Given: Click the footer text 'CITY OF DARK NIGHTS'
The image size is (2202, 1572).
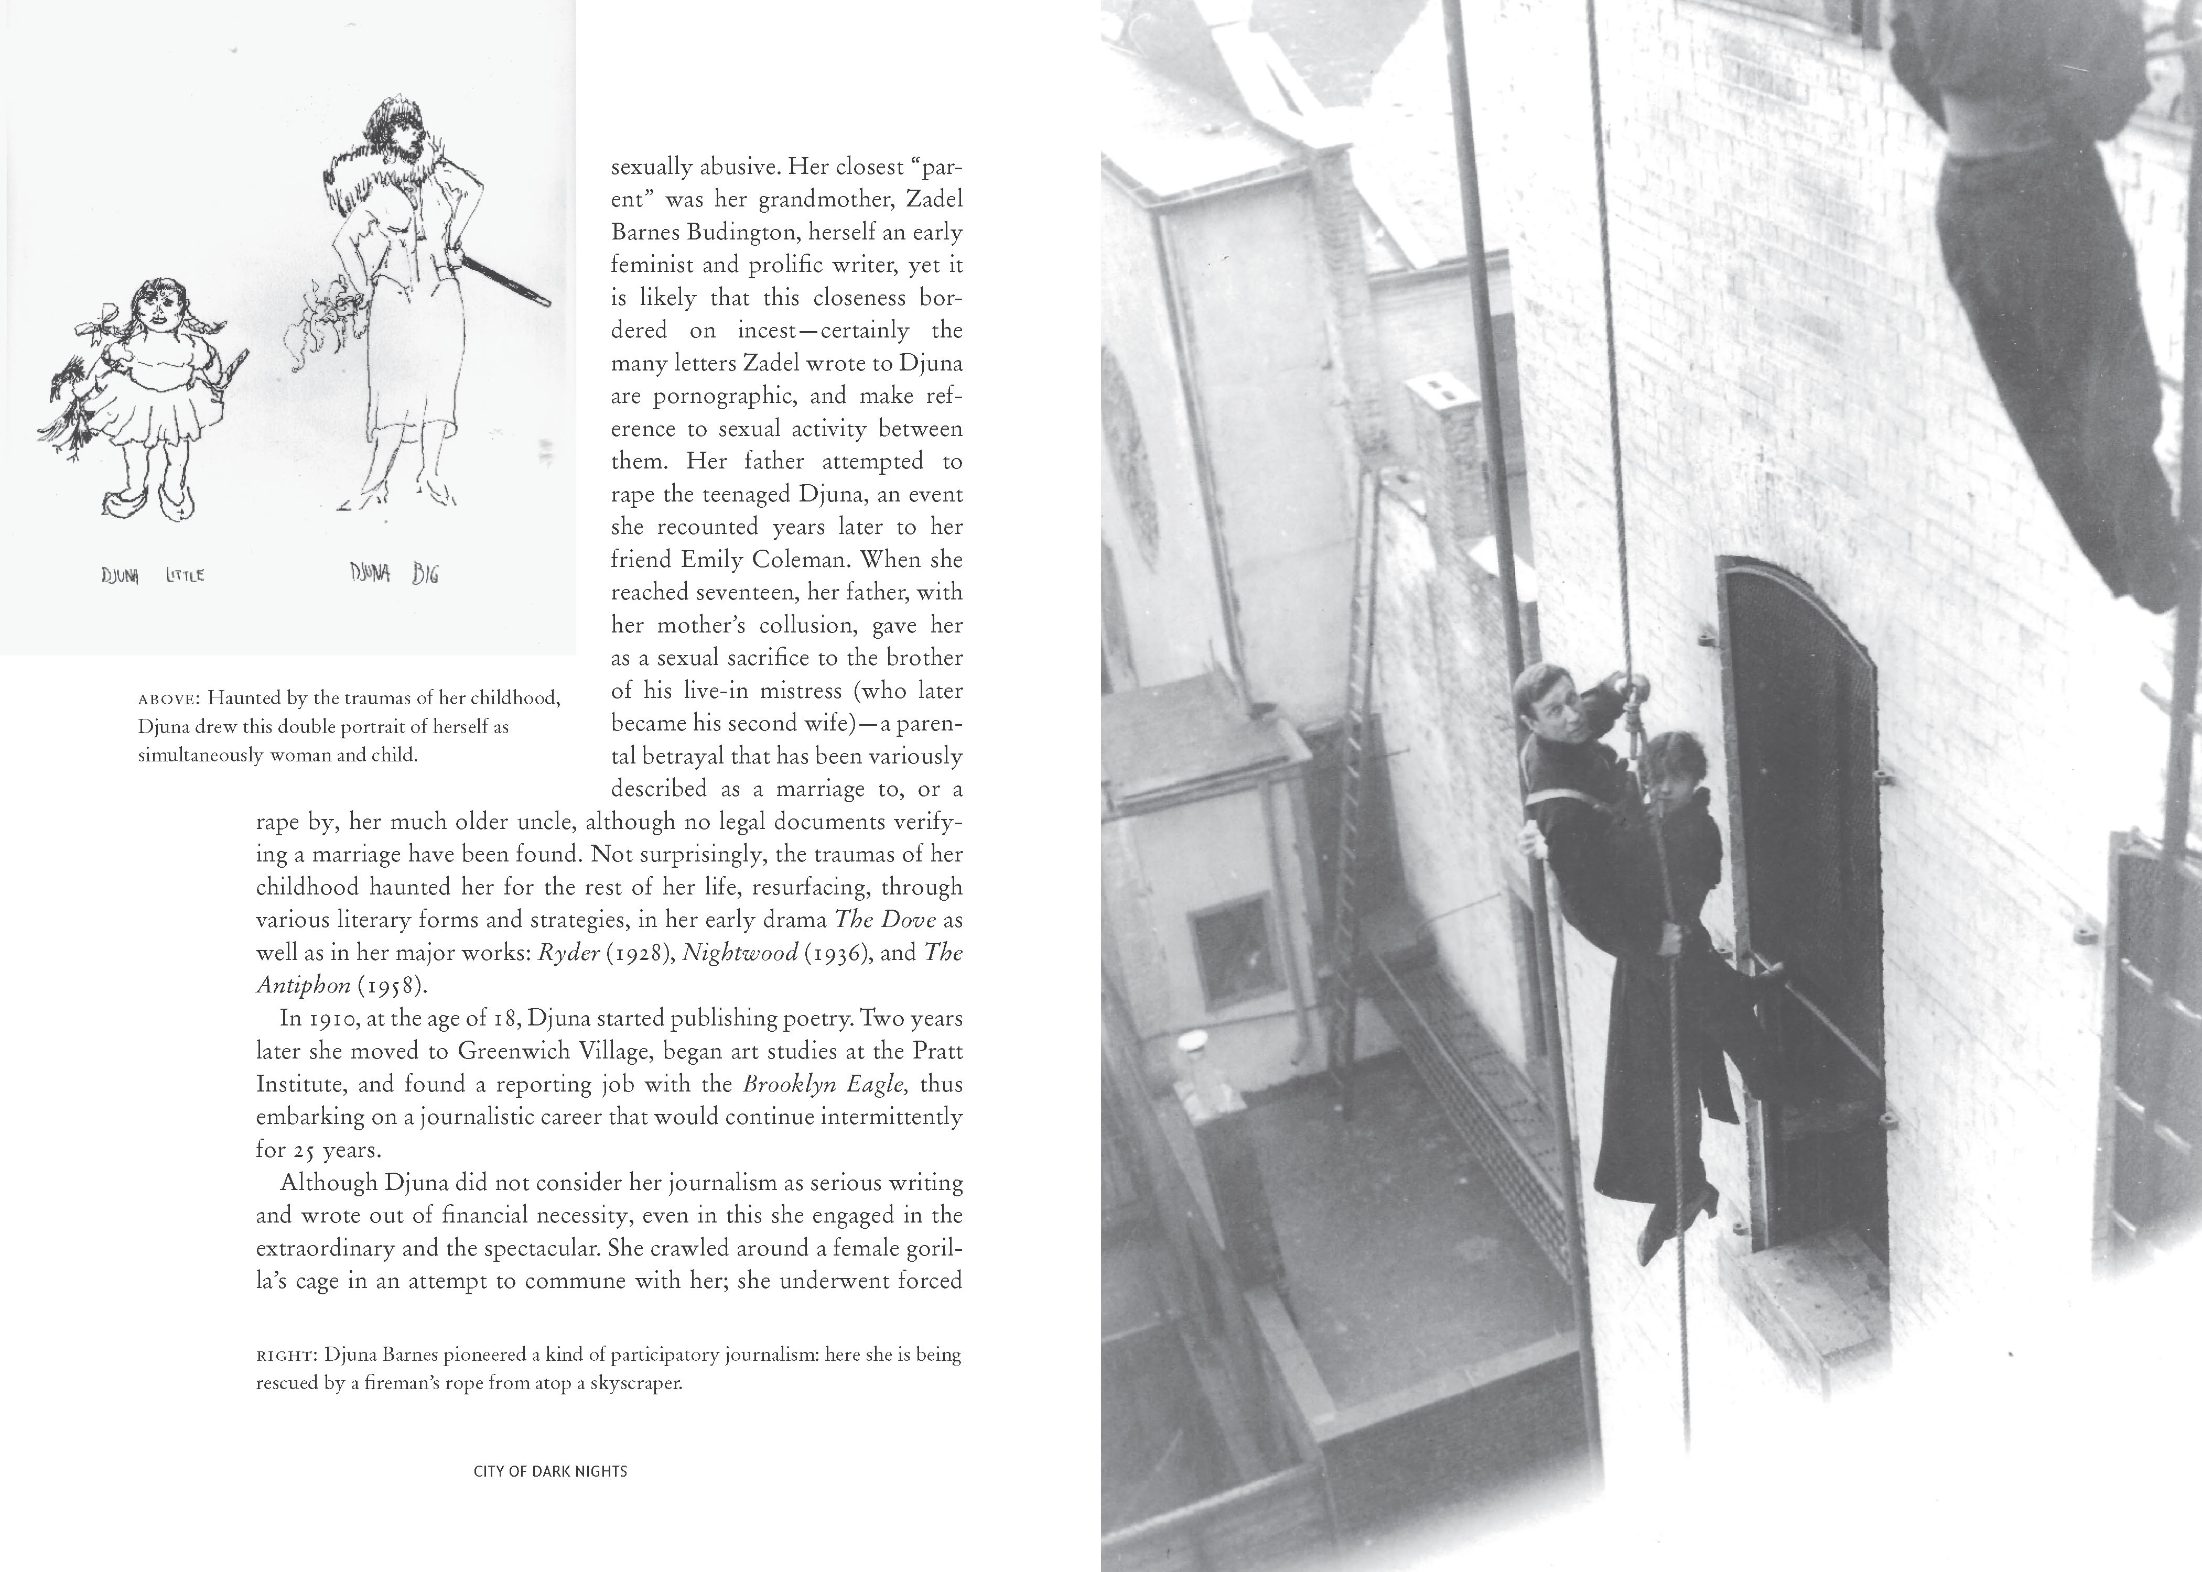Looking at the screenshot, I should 550,1471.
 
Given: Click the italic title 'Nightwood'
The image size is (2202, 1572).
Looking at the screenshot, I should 740,953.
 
